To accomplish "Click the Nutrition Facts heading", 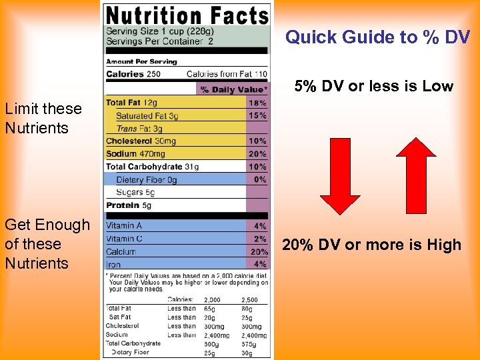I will coord(187,15).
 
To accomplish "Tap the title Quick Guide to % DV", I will coord(377,37).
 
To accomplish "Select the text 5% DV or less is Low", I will coord(374,86).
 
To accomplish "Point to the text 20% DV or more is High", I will coord(371,245).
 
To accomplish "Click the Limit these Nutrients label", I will coord(43,118).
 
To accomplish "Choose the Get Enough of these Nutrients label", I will coord(47,244).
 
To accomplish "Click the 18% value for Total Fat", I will coord(257,103).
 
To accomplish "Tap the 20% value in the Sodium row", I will coord(257,154).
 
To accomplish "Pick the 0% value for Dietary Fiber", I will coord(260,179).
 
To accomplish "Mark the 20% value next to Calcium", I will coord(259,251).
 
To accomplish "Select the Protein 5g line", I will coord(129,205).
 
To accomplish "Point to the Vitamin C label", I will coord(125,239).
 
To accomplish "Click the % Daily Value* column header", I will coord(234,89).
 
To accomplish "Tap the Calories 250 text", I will coord(133,74).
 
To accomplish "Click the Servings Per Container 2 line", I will coord(160,41).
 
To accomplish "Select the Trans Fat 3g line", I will coord(139,129).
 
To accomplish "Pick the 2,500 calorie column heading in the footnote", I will coord(250,300).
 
